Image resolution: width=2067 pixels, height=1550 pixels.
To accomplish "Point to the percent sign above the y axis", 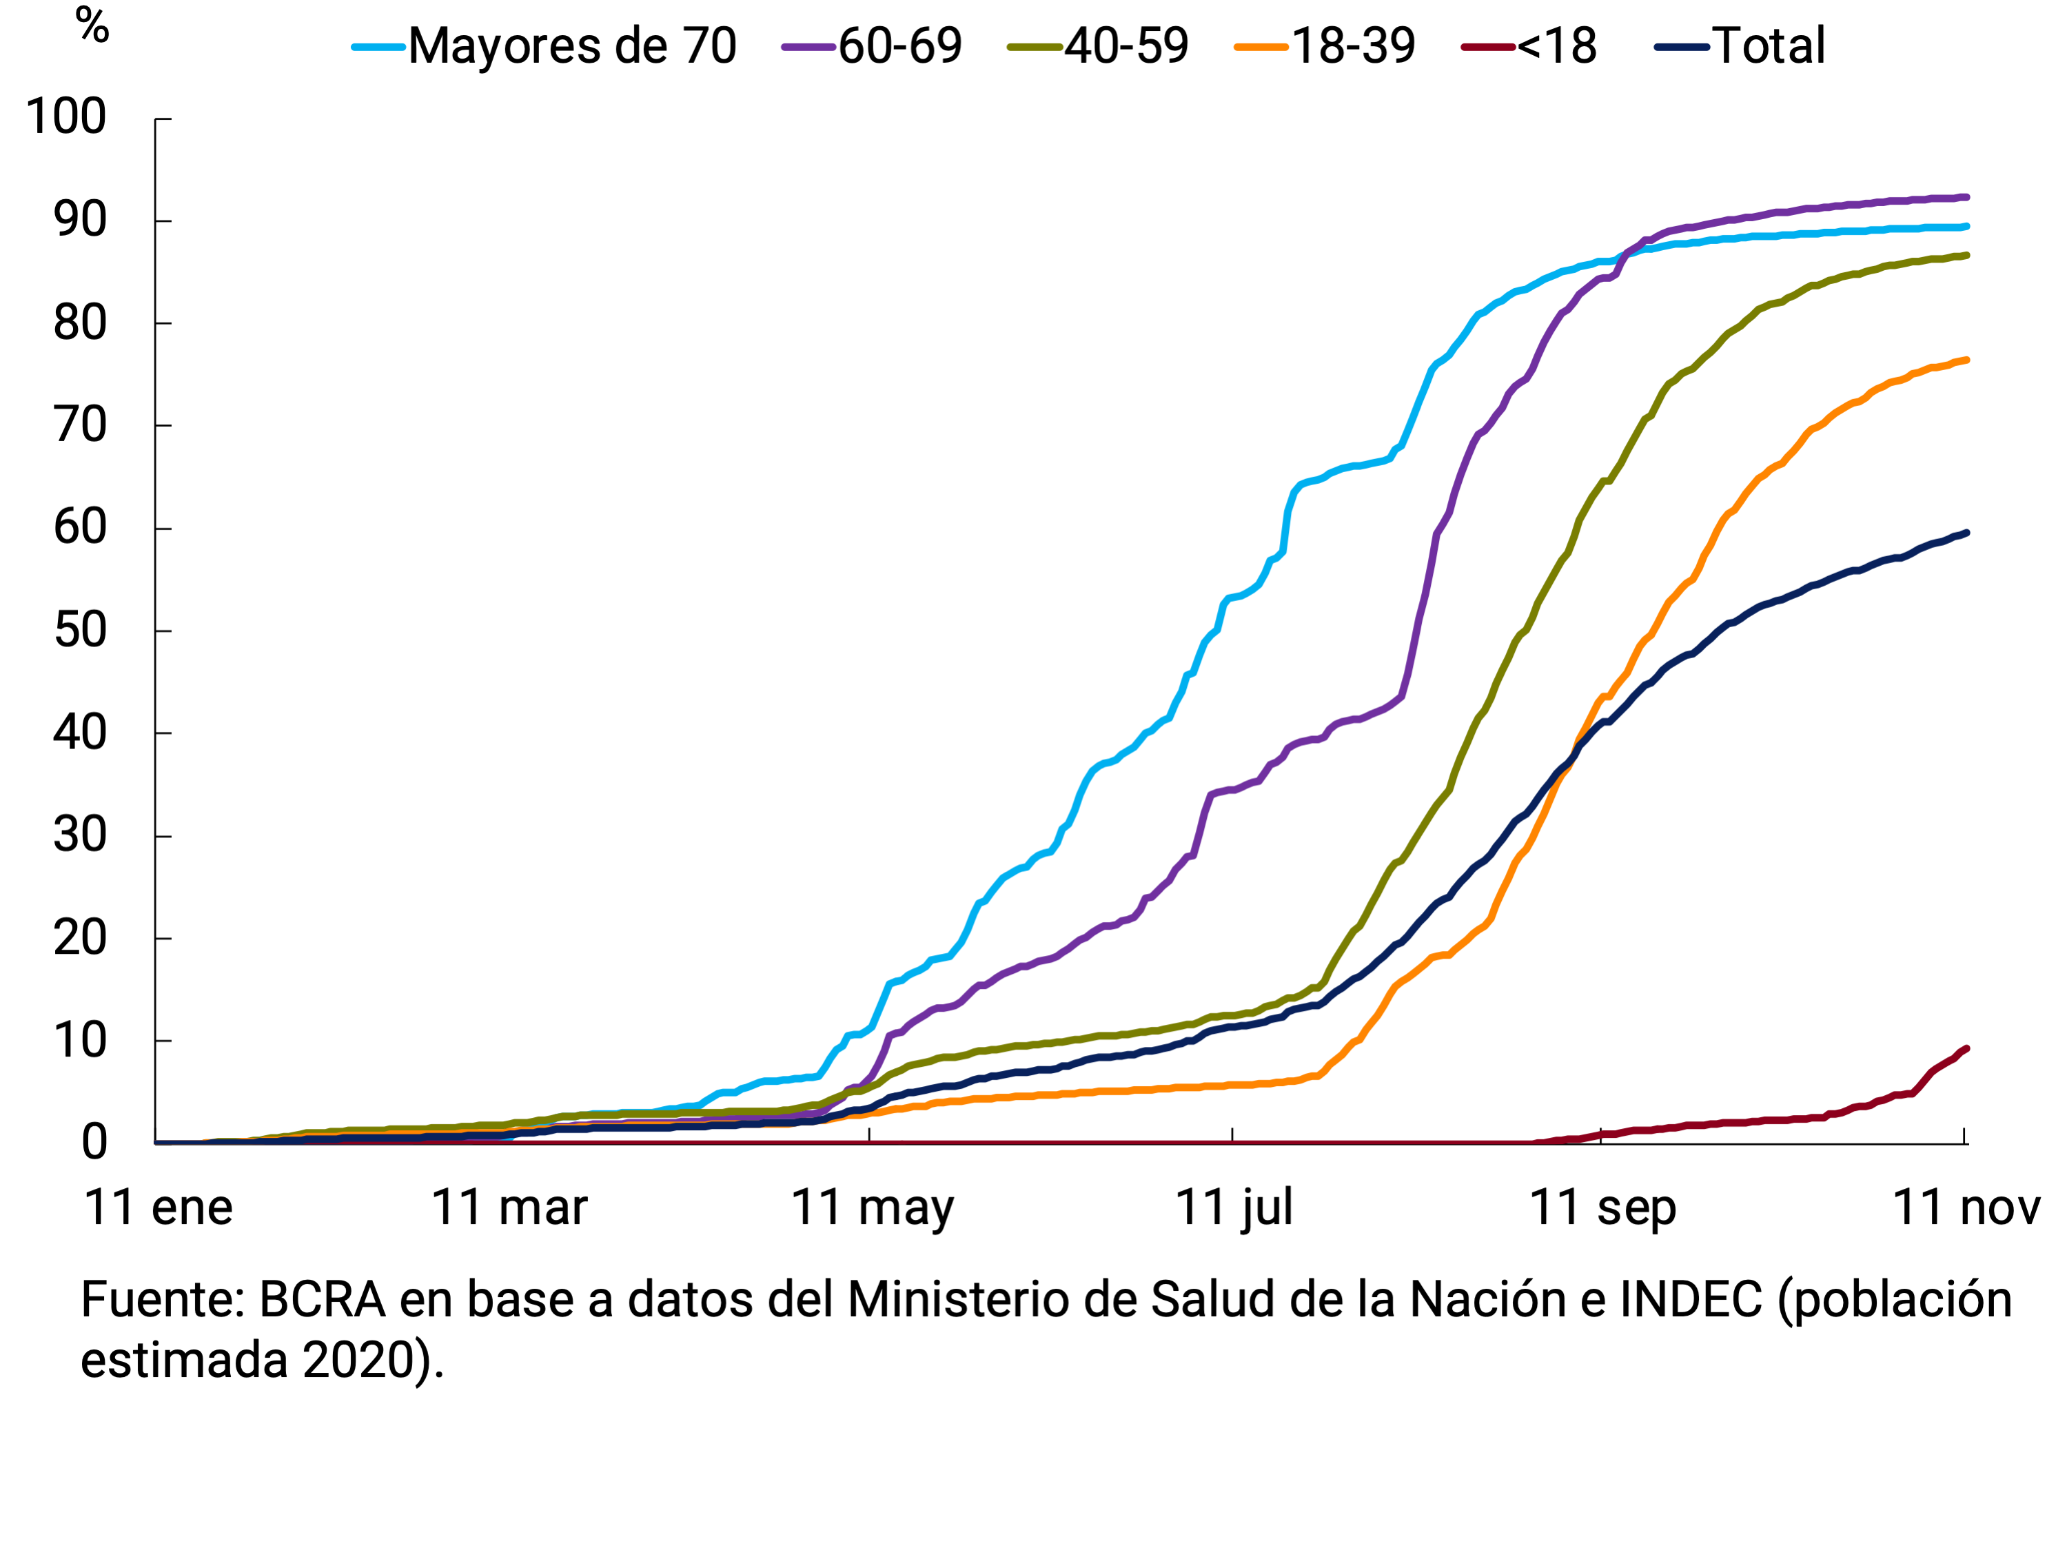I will [92, 26].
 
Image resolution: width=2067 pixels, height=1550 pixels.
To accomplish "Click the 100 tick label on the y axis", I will [65, 118].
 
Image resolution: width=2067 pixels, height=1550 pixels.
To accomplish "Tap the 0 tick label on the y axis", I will [94, 1143].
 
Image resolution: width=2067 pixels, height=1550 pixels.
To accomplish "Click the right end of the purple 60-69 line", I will [1966, 197].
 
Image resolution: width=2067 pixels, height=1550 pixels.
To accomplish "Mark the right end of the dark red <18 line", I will [1966, 1048].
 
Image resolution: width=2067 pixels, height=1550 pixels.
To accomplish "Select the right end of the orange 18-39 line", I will [1966, 360].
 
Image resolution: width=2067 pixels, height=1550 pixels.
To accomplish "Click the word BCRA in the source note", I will [323, 1301].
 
